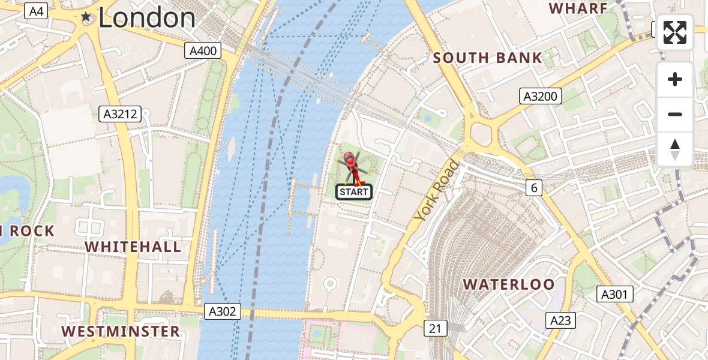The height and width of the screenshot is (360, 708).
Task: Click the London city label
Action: tap(146, 18)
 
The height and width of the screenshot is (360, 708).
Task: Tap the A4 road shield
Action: tap(37, 11)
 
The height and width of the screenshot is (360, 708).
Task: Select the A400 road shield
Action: tap(203, 51)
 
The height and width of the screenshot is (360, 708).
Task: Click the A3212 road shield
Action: tap(120, 113)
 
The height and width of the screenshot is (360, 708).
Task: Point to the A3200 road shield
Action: tap(540, 96)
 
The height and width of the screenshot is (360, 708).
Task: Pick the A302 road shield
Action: tap(223, 311)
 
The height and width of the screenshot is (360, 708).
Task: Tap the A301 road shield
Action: tap(616, 294)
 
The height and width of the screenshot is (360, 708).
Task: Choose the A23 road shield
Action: tap(560, 320)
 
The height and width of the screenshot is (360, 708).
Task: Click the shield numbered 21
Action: tap(435, 328)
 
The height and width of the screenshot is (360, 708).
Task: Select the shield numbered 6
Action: tap(534, 188)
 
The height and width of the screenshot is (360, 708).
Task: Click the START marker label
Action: tap(353, 192)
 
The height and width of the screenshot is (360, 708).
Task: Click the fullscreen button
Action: tap(675, 32)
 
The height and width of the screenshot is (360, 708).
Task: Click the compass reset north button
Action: tap(675, 149)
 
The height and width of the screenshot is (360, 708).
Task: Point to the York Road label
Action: tap(437, 190)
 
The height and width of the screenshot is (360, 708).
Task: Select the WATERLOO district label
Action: tap(509, 284)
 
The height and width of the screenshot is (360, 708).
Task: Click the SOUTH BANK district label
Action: tap(487, 58)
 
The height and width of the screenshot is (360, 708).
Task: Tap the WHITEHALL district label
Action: tap(133, 247)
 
